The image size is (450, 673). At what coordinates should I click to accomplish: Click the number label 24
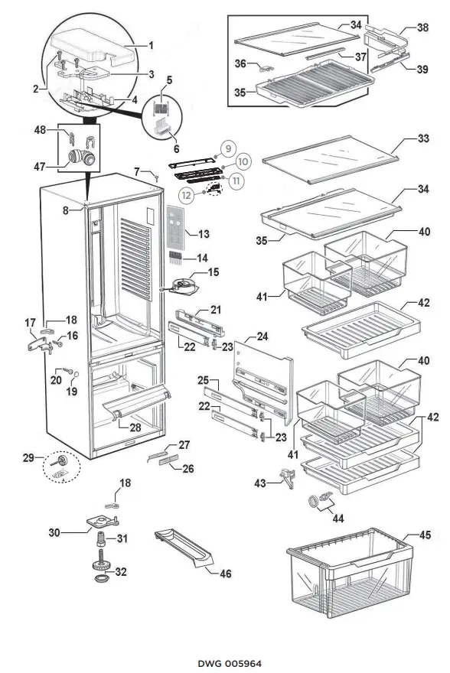[x=262, y=335]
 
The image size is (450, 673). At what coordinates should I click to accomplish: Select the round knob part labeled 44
[x=315, y=502]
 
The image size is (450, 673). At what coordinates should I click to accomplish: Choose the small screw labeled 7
[x=156, y=179]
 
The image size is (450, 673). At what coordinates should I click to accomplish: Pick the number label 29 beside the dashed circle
[x=28, y=458]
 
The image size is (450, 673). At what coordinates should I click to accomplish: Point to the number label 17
[x=31, y=323]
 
